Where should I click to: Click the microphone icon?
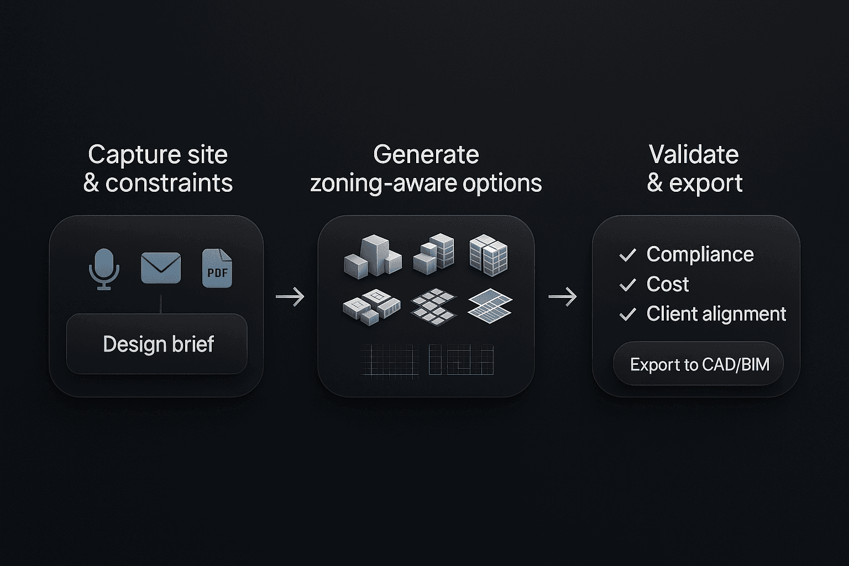click(x=104, y=268)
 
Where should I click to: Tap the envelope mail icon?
click(x=161, y=268)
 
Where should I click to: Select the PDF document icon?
click(x=217, y=269)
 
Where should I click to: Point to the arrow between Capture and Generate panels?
click(x=290, y=297)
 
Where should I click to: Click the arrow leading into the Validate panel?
click(x=563, y=297)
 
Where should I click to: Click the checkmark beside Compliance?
click(x=628, y=255)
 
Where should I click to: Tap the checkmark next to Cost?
click(x=628, y=285)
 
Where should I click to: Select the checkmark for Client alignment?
click(x=628, y=315)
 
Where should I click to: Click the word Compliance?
click(x=700, y=254)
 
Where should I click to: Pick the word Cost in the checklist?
click(x=668, y=284)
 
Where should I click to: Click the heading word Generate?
click(x=426, y=154)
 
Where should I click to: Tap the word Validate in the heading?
click(x=694, y=154)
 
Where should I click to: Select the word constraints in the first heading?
click(x=169, y=183)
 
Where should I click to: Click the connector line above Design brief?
click(x=161, y=303)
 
